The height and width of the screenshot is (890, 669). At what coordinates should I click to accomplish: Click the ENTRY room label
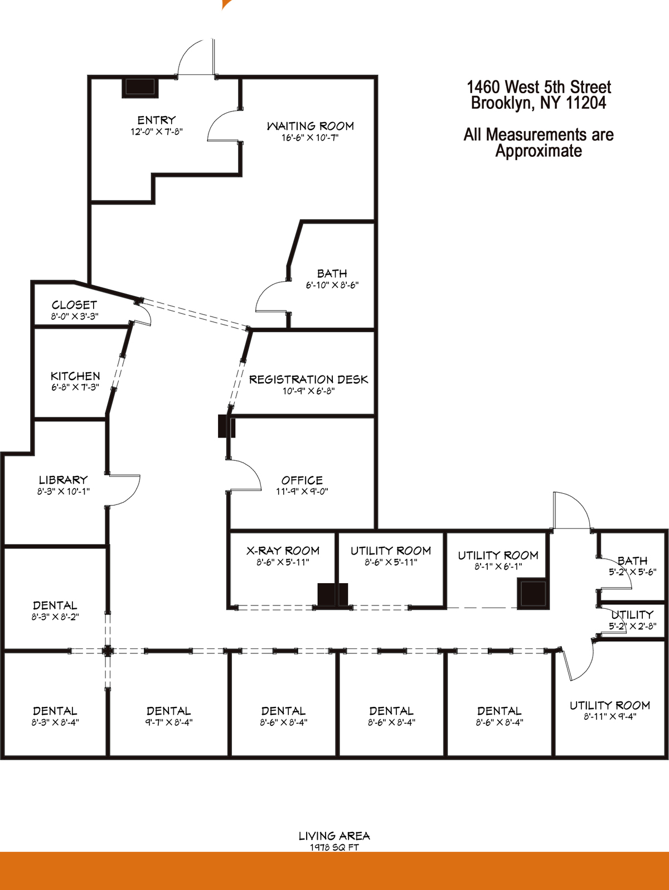pyautogui.click(x=156, y=120)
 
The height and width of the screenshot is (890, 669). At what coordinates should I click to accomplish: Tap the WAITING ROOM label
pyautogui.click(x=310, y=126)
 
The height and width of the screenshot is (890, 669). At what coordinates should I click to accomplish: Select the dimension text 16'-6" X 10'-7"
pyautogui.click(x=310, y=138)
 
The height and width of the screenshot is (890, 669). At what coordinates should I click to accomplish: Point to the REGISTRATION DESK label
pyautogui.click(x=308, y=379)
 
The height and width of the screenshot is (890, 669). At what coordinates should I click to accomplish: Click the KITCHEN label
pyautogui.click(x=75, y=376)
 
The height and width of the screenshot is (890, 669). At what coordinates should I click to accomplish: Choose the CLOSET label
pyautogui.click(x=74, y=305)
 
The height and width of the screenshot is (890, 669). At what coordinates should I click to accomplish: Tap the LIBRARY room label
pyautogui.click(x=63, y=480)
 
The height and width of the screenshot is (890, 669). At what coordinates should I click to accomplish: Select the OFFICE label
pyautogui.click(x=302, y=480)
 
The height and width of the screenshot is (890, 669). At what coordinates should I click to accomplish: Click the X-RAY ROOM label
pyautogui.click(x=283, y=551)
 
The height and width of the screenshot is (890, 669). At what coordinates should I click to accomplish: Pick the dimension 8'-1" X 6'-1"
pyautogui.click(x=498, y=567)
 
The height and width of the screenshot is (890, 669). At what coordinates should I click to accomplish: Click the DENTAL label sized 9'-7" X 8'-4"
pyautogui.click(x=168, y=711)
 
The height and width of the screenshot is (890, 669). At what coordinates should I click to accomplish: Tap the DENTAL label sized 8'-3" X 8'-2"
pyautogui.click(x=55, y=605)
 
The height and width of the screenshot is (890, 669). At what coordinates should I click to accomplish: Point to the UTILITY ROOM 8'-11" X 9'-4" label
pyautogui.click(x=609, y=705)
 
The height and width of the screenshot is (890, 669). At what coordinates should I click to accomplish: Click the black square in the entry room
pyautogui.click(x=139, y=87)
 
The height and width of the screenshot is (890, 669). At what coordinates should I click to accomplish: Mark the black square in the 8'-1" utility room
pyautogui.click(x=533, y=593)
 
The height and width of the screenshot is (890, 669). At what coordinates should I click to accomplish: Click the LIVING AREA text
pyautogui.click(x=334, y=836)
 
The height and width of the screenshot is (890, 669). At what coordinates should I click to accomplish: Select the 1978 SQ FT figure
pyautogui.click(x=334, y=848)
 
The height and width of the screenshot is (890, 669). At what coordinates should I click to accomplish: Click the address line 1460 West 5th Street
pyautogui.click(x=539, y=88)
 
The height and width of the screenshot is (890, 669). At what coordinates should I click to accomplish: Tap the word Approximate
pyautogui.click(x=539, y=151)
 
